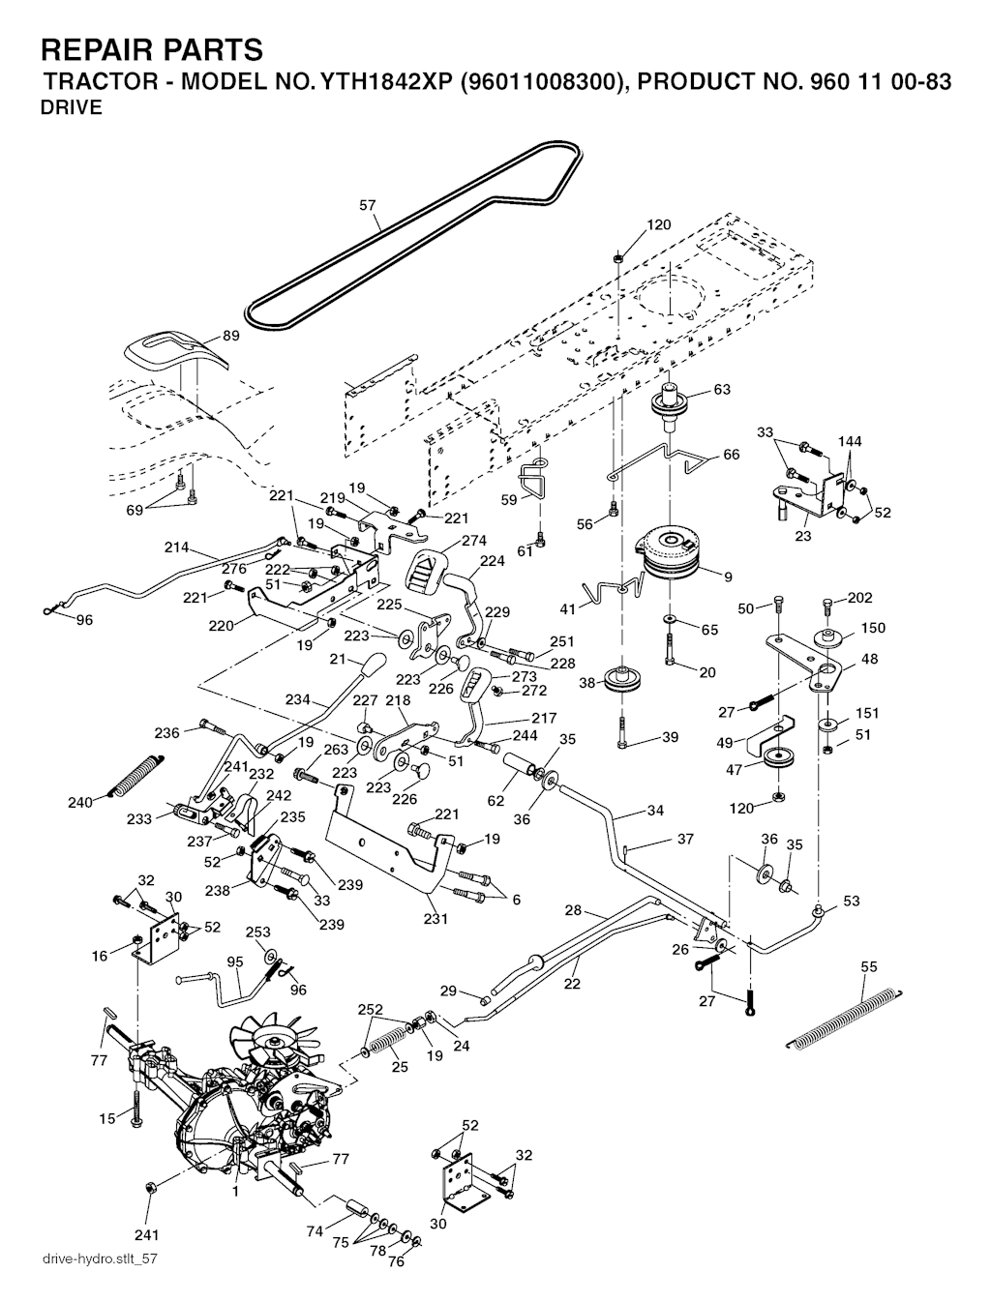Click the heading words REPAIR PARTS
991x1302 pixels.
point(152,49)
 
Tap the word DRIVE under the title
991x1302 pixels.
point(71,107)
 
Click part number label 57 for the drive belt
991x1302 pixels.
point(368,205)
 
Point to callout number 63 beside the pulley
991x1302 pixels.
point(722,390)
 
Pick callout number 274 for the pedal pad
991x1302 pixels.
point(474,541)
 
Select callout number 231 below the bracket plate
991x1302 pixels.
point(435,919)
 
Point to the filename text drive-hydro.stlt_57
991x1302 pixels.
point(100,1259)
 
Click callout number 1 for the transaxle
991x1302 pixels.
point(235,1193)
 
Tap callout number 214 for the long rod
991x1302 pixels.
point(176,547)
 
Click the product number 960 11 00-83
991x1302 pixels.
point(876,81)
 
